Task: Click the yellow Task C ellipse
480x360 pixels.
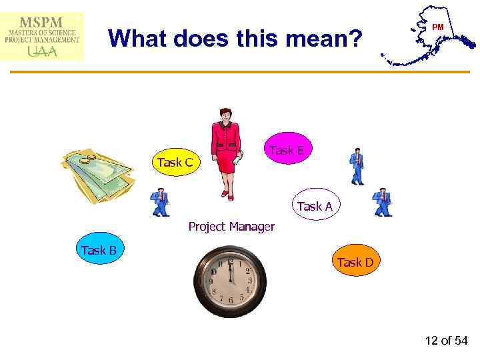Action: pos(175,162)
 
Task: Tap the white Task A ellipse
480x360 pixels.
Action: pos(315,207)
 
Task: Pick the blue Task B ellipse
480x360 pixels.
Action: pos(99,251)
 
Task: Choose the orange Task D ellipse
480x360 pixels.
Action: pos(355,263)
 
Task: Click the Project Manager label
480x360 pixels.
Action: pos(231,227)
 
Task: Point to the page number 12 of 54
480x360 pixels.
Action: pos(446,341)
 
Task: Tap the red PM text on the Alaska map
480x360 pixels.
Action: pos(438,27)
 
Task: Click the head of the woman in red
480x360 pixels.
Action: pos(225,115)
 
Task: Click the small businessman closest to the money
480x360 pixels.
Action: pos(160,203)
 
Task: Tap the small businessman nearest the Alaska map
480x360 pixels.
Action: pos(357,165)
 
